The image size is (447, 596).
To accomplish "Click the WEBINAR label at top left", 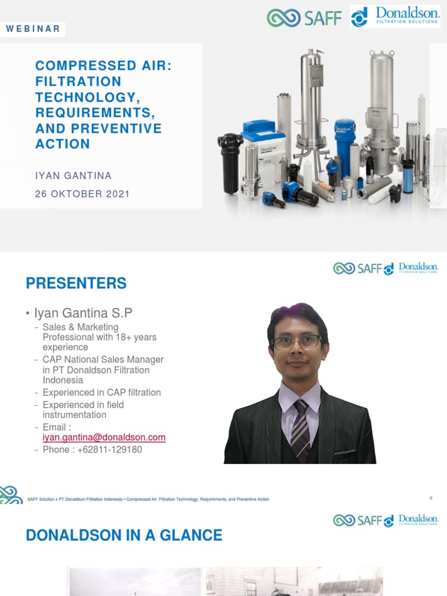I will [33, 29].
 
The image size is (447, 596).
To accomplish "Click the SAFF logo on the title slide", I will [304, 17].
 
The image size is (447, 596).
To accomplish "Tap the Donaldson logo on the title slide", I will [395, 16].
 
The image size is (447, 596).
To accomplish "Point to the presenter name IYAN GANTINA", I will [73, 175].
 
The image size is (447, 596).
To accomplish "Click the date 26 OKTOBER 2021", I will [82, 194].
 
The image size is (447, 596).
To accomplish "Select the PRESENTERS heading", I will [76, 283].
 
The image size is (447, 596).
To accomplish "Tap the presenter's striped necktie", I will [300, 430].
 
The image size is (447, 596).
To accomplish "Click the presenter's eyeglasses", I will [296, 342].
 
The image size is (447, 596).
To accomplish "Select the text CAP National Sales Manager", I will [103, 360].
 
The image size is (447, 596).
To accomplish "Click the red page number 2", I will [431, 498].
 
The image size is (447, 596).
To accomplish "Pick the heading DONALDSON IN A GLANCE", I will [124, 535].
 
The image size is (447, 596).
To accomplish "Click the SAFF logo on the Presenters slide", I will [357, 268].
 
